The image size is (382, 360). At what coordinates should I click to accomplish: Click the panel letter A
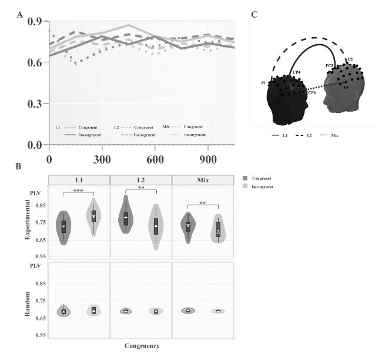click(21, 15)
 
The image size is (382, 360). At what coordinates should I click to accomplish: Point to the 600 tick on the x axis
click(155, 159)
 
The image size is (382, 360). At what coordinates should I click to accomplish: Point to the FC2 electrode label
click(330, 66)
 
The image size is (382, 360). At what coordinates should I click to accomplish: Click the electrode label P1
click(264, 84)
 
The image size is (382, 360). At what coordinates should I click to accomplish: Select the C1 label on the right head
click(350, 59)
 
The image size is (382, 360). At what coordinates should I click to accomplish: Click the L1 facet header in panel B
click(79, 179)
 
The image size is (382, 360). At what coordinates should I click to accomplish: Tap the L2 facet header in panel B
click(140, 179)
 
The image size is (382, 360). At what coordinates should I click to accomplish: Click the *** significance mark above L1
click(78, 191)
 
